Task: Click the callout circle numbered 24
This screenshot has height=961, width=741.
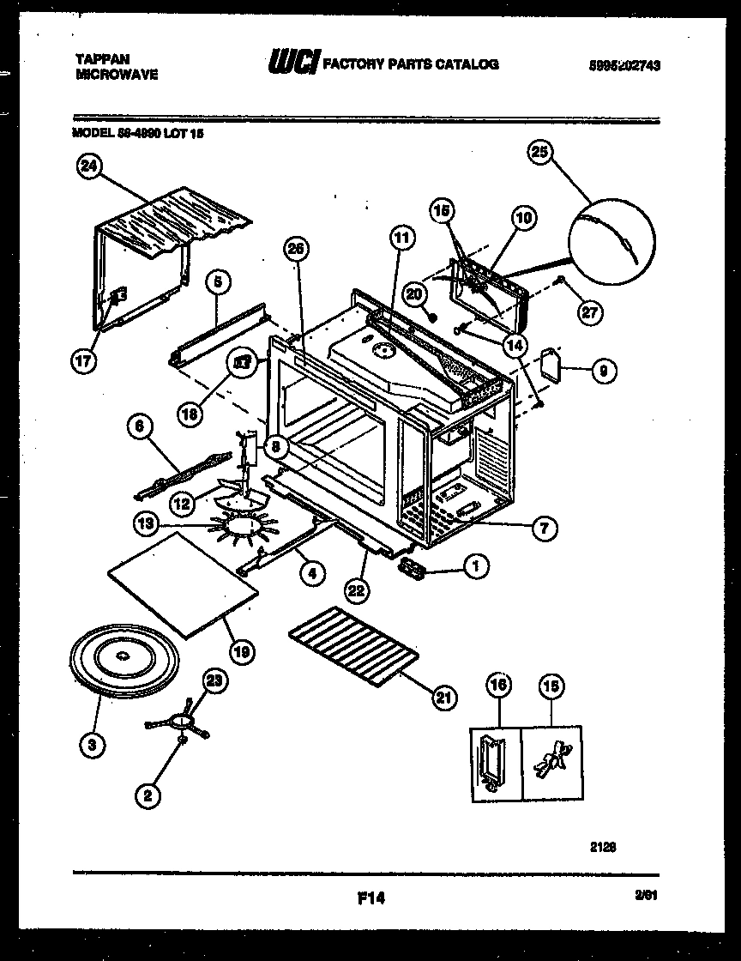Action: (88, 167)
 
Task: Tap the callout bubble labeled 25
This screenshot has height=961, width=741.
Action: (539, 152)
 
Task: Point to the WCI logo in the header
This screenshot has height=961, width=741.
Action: (294, 63)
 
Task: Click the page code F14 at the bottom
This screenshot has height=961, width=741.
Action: (370, 898)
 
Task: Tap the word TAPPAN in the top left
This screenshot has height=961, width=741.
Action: (103, 59)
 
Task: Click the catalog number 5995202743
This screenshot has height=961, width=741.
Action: (630, 63)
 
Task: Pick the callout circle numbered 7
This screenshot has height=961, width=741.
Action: (544, 528)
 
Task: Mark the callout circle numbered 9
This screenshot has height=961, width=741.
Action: (603, 371)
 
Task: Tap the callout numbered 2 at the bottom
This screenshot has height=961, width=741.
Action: (148, 795)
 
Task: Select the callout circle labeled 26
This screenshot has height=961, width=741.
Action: (296, 249)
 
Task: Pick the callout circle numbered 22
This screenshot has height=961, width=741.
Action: (358, 589)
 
